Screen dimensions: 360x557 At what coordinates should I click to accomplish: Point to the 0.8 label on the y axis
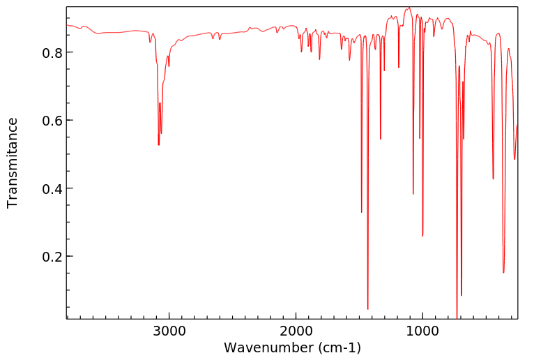[x=52, y=53]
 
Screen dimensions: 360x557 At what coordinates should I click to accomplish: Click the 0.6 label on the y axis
[x=52, y=121]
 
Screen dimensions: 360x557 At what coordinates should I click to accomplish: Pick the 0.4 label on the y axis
[x=52, y=189]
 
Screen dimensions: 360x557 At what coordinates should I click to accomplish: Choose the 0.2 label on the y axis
[x=52, y=257]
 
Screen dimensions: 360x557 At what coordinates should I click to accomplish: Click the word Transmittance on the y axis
[x=13, y=163]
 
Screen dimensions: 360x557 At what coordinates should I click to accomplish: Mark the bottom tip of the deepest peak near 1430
[x=367, y=309]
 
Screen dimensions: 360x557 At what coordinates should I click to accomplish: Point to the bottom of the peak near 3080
[x=159, y=145]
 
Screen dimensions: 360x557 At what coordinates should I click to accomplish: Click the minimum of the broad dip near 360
[x=503, y=273]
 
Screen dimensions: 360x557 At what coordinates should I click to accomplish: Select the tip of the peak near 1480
[x=362, y=212]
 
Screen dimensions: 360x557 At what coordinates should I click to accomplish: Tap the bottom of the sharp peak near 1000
[x=422, y=236]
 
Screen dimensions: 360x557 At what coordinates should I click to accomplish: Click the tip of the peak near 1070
[x=413, y=194]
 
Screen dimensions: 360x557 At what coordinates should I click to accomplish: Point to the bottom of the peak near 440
[x=493, y=179]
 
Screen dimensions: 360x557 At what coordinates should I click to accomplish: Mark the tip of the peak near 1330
[x=381, y=140]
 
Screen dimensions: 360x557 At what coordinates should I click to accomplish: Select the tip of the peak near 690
[x=461, y=295]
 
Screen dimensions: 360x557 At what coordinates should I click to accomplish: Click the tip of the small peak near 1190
[x=399, y=68]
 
